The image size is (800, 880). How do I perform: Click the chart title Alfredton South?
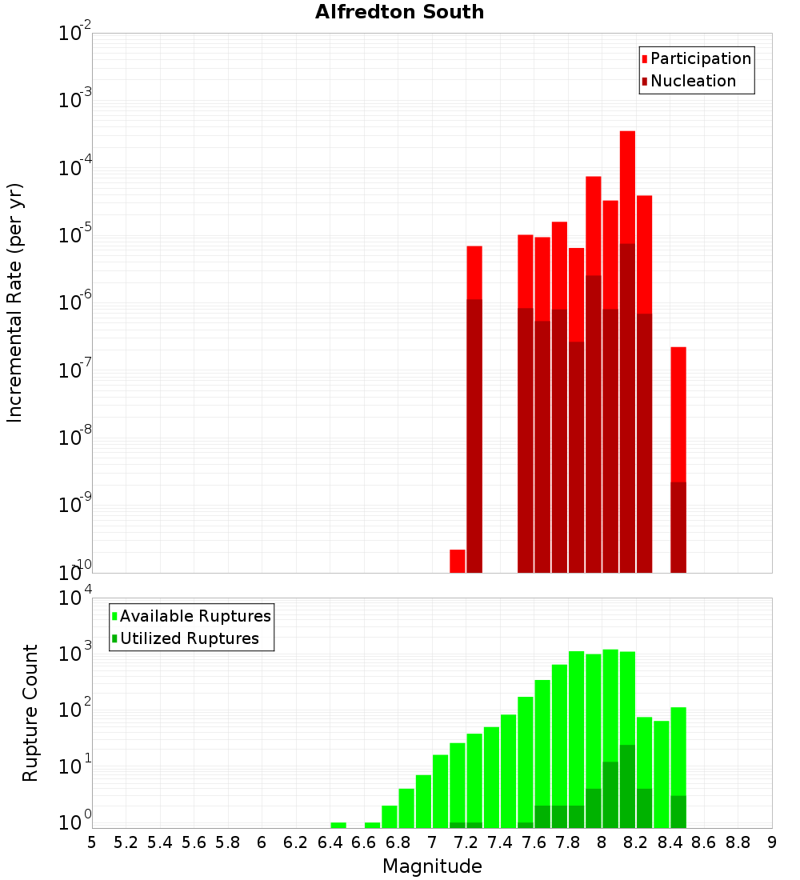click(399, 12)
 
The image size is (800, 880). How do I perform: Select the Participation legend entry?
click(701, 58)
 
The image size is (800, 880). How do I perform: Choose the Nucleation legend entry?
click(693, 81)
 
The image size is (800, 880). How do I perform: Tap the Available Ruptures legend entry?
click(195, 616)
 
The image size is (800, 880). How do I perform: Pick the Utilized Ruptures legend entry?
click(189, 638)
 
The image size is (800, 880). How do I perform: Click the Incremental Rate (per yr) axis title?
click(15, 302)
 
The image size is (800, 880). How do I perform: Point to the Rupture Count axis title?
click(30, 712)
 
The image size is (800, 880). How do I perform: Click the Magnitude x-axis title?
click(432, 866)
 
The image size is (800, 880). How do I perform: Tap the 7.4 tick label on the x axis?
click(500, 842)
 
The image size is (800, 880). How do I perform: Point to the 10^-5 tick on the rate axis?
click(74, 235)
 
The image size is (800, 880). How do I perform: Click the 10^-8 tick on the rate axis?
click(74, 438)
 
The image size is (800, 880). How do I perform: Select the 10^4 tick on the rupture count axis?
click(74, 598)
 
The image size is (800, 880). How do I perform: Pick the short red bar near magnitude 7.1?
click(458, 560)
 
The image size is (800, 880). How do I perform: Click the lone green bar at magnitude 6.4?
click(338, 825)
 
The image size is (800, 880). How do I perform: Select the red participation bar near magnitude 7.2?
click(474, 272)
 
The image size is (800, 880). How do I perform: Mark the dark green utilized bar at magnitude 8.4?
click(678, 811)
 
